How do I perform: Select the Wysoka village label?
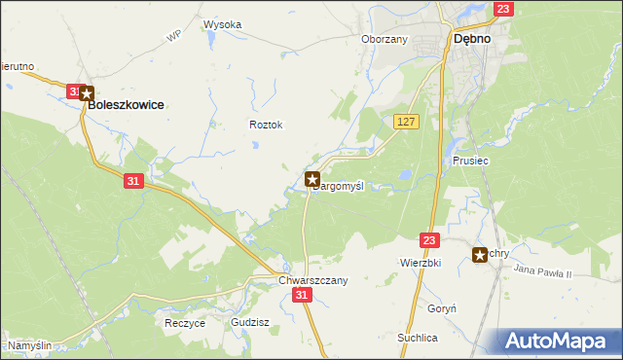[223, 24]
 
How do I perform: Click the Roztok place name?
[266, 125]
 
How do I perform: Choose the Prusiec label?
[470, 160]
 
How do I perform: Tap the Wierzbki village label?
[421, 263]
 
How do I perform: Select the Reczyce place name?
[185, 322]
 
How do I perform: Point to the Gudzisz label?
[250, 322]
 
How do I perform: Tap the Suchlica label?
[417, 337]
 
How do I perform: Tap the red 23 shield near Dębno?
[502, 10]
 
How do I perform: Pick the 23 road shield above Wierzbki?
[430, 238]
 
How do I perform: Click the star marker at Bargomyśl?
[312, 179]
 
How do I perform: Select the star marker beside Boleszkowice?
[87, 94]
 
